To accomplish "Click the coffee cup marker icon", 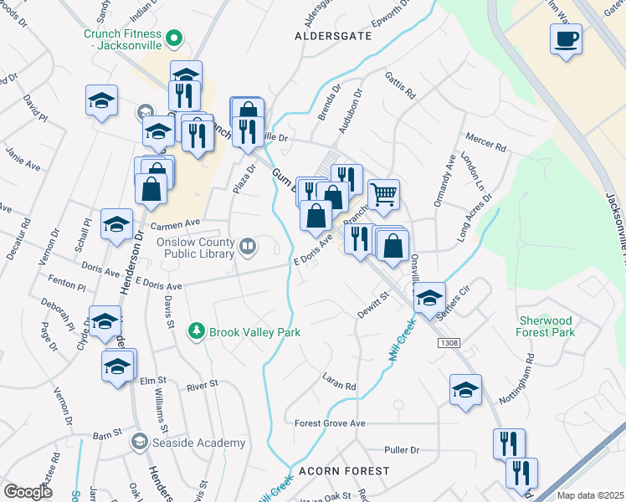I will [567, 38].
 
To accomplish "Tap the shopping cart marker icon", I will [383, 193].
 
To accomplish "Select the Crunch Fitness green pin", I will [174, 37].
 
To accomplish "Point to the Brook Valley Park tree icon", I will [196, 331].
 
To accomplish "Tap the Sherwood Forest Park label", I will [545, 326].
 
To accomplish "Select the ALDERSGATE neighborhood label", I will [331, 37].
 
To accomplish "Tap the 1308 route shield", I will [448, 344].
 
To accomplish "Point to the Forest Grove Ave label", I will [331, 423].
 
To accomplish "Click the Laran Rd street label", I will [340, 382].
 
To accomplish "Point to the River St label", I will [203, 385].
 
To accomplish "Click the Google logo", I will [28, 491].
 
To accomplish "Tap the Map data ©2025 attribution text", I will [591, 495].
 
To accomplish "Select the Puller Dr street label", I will [403, 450].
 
